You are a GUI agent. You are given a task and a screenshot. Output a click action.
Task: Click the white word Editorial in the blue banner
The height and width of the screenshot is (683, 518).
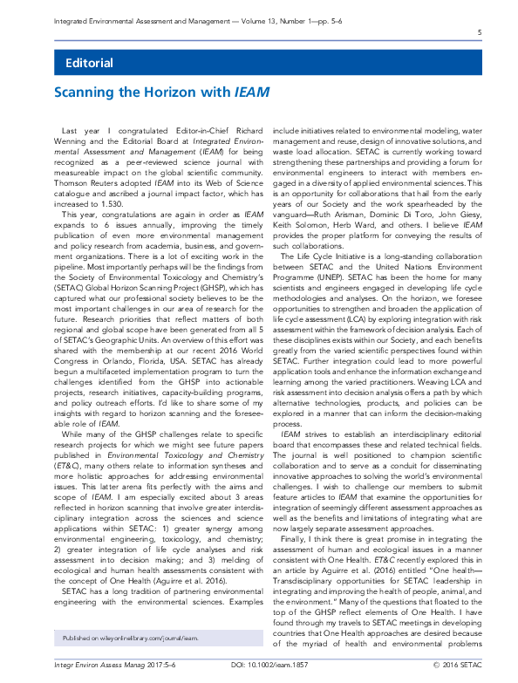89,63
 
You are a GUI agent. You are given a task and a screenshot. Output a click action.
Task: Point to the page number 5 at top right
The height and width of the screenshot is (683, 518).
480,33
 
